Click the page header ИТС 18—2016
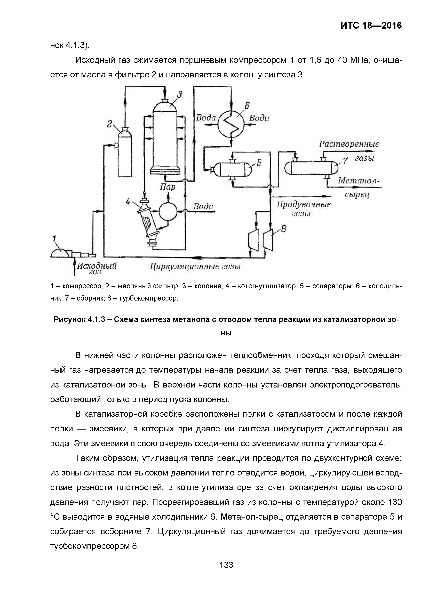click(371, 26)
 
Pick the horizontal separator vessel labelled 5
click(232, 170)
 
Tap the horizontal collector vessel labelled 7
click(311, 168)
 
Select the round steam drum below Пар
click(168, 211)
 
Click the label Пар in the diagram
click(168, 187)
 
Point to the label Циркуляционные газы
click(195, 267)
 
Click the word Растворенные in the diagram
click(349, 144)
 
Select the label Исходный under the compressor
click(97, 266)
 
